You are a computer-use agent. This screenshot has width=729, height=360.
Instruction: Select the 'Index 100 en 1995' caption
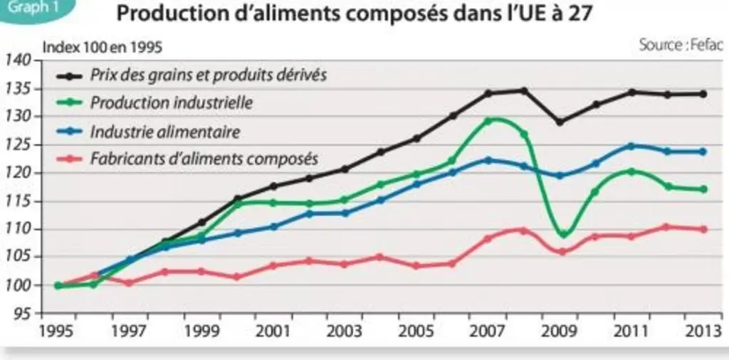[x=103, y=48]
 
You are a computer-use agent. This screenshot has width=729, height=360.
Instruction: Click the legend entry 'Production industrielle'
[x=171, y=103]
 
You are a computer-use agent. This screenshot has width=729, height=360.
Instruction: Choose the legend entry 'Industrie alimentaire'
[x=165, y=132]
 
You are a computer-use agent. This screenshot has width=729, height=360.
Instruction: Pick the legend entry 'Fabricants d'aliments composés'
[x=204, y=159]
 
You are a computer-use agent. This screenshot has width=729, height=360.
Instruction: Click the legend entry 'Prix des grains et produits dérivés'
[x=209, y=75]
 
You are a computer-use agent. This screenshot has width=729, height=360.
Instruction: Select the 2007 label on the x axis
[x=487, y=332]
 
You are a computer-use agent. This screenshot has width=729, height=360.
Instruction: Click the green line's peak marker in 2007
[x=488, y=121]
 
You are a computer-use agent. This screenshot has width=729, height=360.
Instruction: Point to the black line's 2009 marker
[x=560, y=122]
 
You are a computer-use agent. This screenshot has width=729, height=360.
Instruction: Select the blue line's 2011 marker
[x=631, y=147]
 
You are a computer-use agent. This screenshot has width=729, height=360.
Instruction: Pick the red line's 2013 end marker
[x=703, y=229]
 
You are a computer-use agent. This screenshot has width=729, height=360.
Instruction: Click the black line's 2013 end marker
[x=703, y=94]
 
